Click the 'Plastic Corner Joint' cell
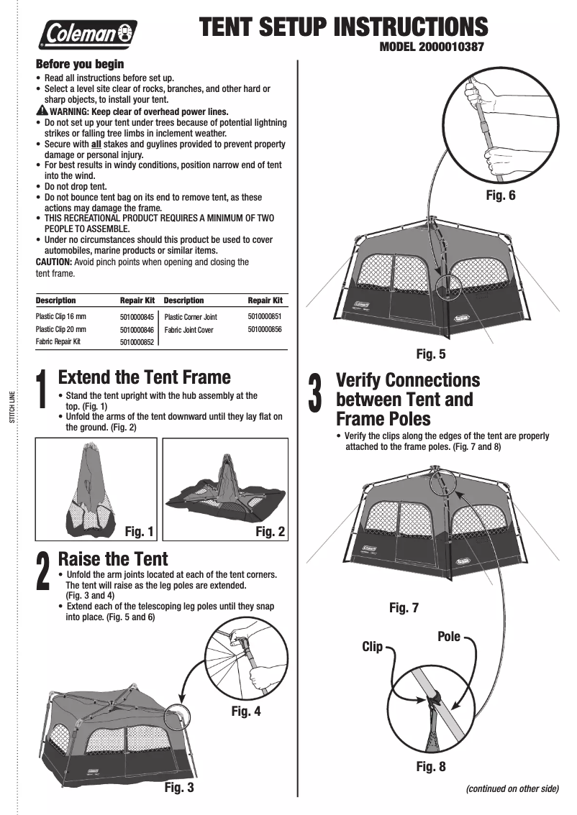tap(191, 316)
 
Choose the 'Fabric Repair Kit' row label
tap(58, 342)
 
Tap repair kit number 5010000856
tap(265, 329)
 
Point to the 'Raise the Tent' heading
tap(113, 558)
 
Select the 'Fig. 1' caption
tap(140, 532)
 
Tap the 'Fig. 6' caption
tap(501, 194)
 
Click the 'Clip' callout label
tap(372, 647)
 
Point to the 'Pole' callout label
tap(449, 637)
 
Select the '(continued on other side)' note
tap(512, 788)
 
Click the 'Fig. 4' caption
tap(246, 712)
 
